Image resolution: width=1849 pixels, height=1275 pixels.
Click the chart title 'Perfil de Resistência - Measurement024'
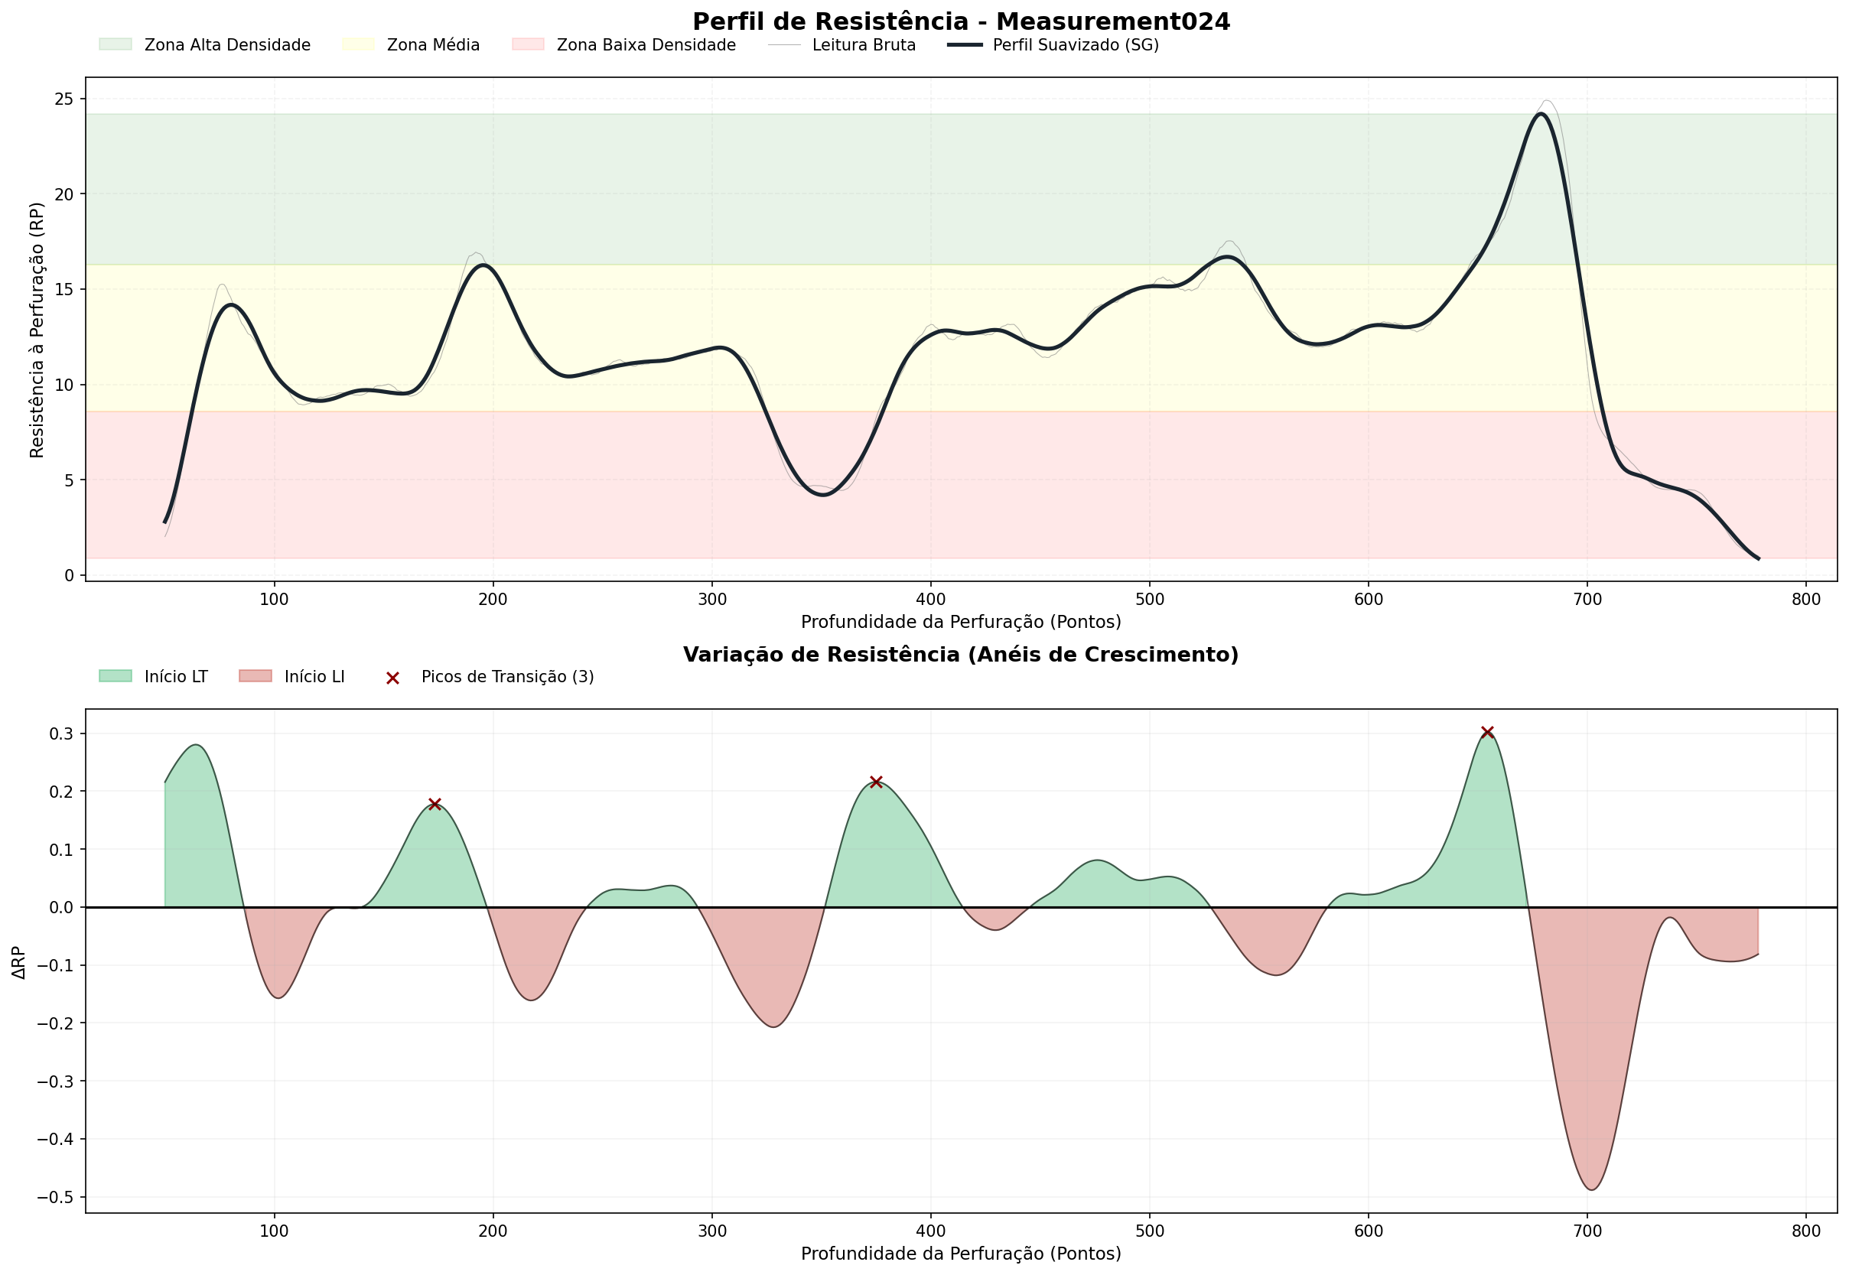click(961, 21)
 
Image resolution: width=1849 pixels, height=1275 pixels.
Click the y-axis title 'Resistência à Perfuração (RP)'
click(37, 330)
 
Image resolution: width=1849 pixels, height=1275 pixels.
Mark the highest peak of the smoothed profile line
click(1541, 113)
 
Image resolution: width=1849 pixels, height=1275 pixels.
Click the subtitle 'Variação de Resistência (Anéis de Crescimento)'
click(961, 655)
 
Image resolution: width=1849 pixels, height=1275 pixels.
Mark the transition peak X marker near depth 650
click(1487, 733)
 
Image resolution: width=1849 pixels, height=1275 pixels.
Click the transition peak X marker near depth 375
click(876, 782)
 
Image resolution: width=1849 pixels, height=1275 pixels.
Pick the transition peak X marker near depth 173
click(435, 805)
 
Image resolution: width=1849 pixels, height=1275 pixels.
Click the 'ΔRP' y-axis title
click(19, 963)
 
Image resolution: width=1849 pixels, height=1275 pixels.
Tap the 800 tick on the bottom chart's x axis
click(1806, 1231)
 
